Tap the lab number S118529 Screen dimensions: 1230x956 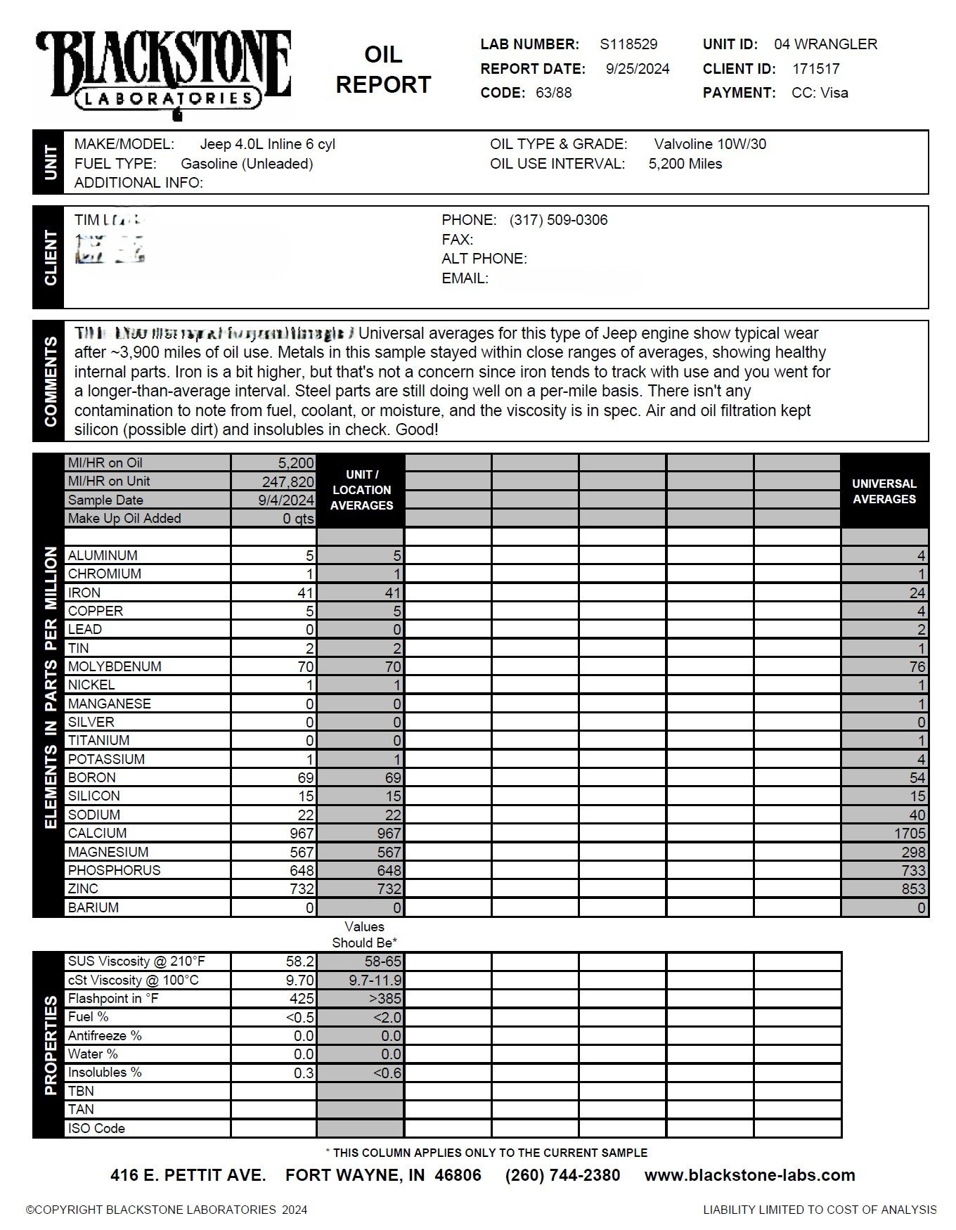[628, 44]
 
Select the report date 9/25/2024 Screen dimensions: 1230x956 [638, 69]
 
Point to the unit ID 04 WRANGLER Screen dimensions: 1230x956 [825, 44]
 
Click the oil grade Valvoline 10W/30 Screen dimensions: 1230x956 [710, 144]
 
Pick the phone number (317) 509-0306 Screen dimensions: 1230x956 [558, 220]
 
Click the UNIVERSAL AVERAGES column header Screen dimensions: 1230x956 [884, 491]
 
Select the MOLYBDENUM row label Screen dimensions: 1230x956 [115, 666]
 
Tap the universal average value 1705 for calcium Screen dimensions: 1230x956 [910, 834]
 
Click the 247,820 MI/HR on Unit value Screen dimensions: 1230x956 [286, 481]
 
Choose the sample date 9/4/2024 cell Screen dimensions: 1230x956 [286, 500]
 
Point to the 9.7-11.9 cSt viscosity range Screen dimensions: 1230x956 [375, 980]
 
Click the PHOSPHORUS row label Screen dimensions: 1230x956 [114, 870]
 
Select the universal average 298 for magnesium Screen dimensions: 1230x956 [913, 852]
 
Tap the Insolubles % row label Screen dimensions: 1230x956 [105, 1073]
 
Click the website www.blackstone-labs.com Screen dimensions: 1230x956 [749, 1175]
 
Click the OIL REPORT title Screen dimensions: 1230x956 [383, 70]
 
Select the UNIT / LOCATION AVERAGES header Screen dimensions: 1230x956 [361, 490]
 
